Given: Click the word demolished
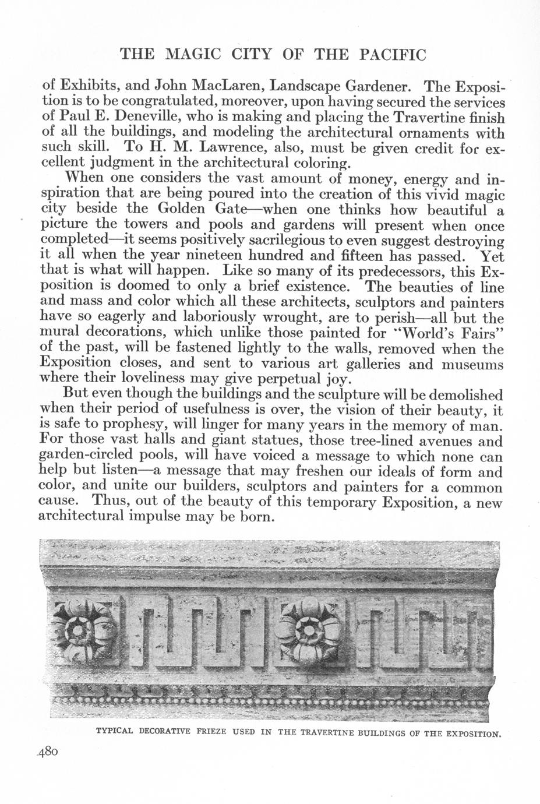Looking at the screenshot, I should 464,395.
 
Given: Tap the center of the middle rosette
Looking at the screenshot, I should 307,630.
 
